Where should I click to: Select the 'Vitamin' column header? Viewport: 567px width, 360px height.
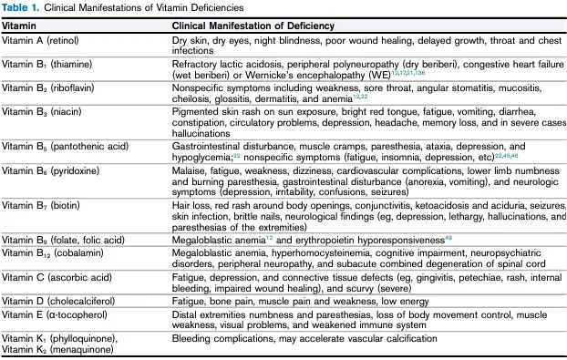(18, 26)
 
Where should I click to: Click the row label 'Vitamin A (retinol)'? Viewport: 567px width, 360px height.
(43, 41)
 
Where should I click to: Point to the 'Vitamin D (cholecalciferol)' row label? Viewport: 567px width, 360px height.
(58, 299)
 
